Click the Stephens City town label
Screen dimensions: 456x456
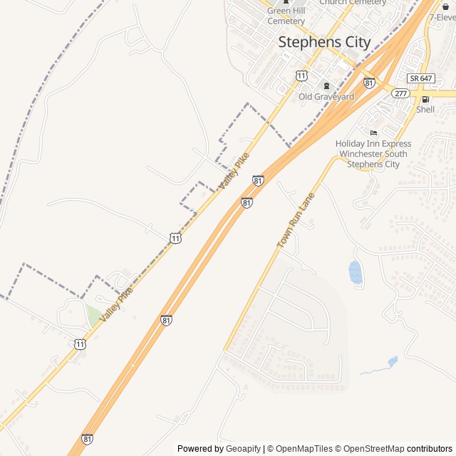coord(324,42)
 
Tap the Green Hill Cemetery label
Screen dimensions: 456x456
coord(286,16)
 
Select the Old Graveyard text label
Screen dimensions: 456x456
coord(326,96)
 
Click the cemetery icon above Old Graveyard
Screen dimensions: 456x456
coord(327,85)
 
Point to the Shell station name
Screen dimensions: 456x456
coord(425,110)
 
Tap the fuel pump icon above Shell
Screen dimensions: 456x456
coord(425,99)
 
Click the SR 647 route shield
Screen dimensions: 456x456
coord(421,78)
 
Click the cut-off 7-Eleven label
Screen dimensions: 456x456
coord(443,16)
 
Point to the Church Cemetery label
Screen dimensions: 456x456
coord(353,3)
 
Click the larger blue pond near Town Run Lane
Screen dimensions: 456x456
coord(355,271)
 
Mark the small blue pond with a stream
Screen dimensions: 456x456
coord(392,362)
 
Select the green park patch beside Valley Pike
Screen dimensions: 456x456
coord(93,315)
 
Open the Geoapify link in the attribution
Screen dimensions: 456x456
coord(243,449)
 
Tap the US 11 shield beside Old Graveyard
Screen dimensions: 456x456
coord(302,75)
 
